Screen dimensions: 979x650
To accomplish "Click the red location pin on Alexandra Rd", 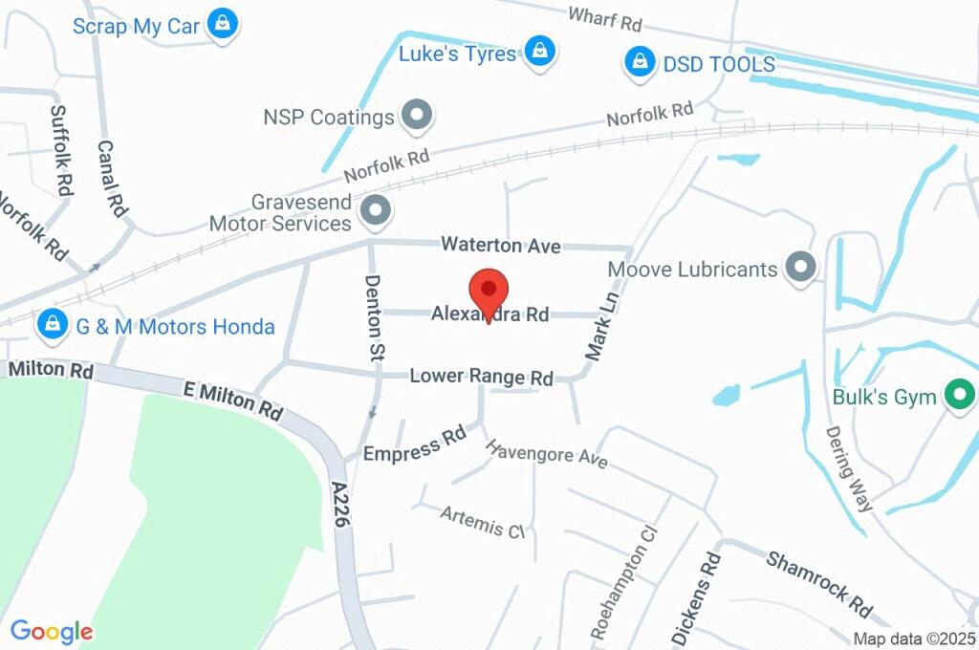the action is [489, 290].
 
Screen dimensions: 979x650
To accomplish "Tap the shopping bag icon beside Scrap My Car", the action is [223, 24].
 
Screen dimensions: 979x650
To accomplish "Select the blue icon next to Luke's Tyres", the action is [540, 53].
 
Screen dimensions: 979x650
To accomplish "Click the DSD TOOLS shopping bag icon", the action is [638, 64].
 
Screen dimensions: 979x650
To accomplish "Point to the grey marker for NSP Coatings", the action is [417, 117].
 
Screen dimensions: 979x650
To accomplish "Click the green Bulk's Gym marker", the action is [957, 395].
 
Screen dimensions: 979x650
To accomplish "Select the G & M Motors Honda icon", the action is [52, 326].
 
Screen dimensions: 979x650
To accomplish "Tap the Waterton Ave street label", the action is [500, 246].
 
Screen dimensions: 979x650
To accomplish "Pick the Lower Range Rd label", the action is [481, 377].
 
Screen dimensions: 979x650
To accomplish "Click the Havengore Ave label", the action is [546, 453].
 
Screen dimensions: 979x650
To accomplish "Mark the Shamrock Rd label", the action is [819, 583].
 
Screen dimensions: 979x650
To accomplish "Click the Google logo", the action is [52, 631].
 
